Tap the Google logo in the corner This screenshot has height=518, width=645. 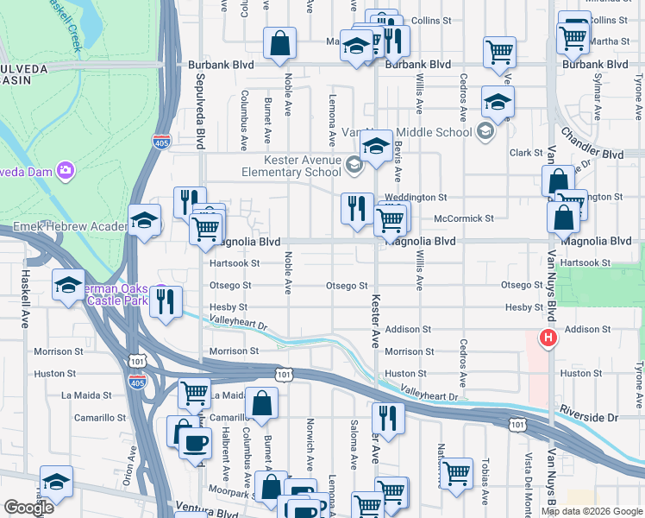(x=28, y=508)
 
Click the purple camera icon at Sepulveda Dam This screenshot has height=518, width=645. (x=65, y=170)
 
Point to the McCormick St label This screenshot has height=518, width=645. (x=464, y=219)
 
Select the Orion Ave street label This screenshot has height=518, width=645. (x=133, y=464)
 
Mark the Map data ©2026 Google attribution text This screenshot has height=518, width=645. (x=592, y=511)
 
